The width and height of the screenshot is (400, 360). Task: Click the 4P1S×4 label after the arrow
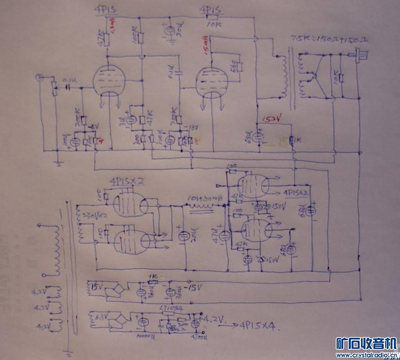pos(258,326)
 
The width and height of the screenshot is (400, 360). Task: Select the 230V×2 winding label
pos(91,216)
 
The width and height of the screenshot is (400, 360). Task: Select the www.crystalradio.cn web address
pos(366,355)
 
